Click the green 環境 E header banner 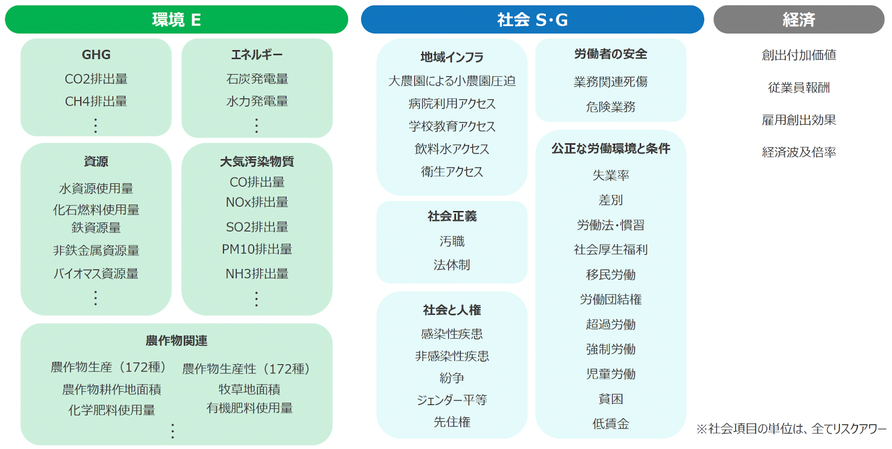(x=176, y=20)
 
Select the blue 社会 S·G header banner (x=532, y=20)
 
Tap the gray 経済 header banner (x=798, y=20)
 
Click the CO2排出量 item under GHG (x=96, y=79)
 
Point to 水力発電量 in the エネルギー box (x=257, y=101)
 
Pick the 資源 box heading (x=96, y=162)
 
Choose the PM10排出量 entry (x=257, y=250)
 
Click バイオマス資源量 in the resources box (x=96, y=274)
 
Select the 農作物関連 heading (x=176, y=340)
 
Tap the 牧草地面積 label (x=249, y=389)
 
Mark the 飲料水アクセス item (x=452, y=149)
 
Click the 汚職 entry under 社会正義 (x=452, y=241)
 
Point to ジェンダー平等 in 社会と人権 (x=452, y=400)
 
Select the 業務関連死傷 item (x=610, y=82)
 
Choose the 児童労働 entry (x=610, y=374)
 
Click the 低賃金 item (x=610, y=424)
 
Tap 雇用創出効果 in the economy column (x=798, y=120)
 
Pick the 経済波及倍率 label (x=798, y=152)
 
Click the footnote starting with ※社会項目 (x=791, y=429)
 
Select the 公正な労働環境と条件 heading (x=610, y=149)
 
